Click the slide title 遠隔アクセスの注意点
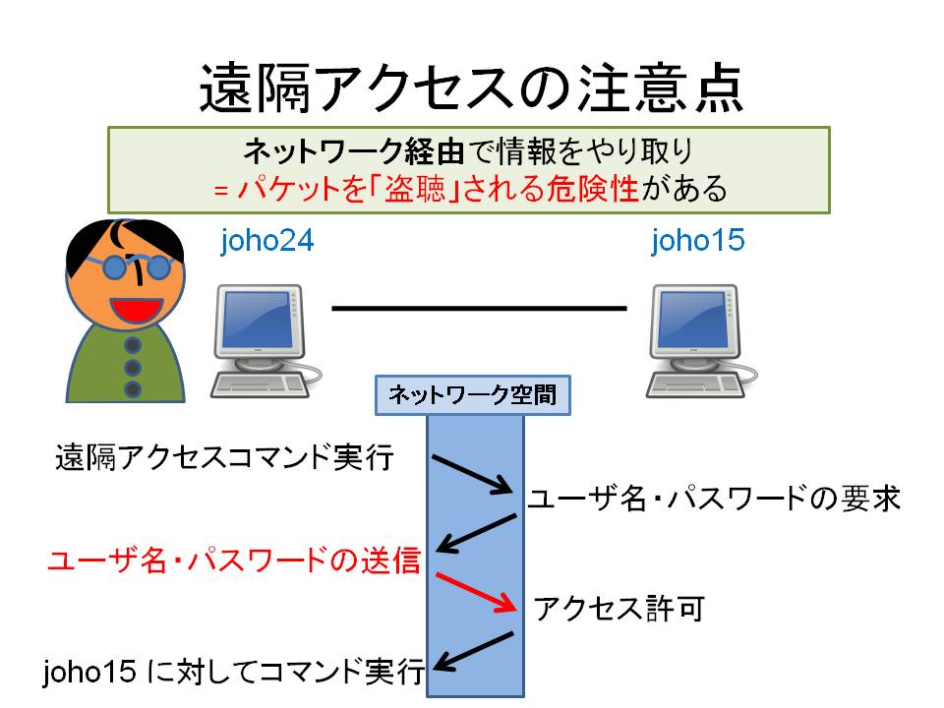click(471, 88)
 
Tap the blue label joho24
click(267, 241)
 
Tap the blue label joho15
click(698, 241)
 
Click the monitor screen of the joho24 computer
click(258, 319)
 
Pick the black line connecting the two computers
click(479, 308)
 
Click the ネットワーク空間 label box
click(473, 395)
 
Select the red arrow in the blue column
click(476, 592)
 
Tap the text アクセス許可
click(619, 609)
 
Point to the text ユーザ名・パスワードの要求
click(714, 500)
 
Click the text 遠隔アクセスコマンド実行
click(224, 457)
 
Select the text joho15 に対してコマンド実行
click(234, 671)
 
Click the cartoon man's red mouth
click(136, 309)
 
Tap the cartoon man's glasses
click(130, 266)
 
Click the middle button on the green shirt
click(133, 367)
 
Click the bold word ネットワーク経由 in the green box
click(353, 151)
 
